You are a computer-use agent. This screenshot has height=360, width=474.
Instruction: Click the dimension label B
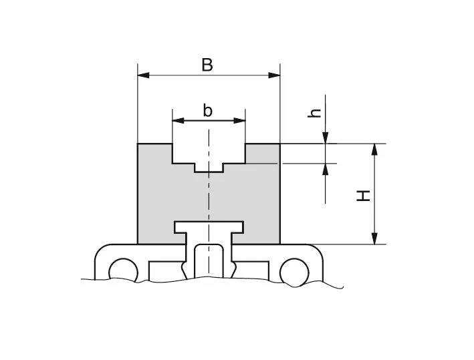coord(207,65)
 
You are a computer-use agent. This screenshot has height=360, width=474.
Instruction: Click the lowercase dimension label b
coord(208,110)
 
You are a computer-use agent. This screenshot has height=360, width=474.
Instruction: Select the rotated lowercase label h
coord(316,114)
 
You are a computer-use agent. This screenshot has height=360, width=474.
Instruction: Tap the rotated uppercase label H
coord(362,195)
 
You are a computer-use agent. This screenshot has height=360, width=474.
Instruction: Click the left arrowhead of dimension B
coord(142,75)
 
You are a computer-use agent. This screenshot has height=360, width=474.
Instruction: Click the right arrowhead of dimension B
coord(275,75)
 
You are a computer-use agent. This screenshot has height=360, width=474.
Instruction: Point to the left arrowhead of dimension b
coord(177,121)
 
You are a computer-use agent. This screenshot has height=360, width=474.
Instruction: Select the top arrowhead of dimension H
coord(375,149)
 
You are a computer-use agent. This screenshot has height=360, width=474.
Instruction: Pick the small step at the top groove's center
coord(209,167)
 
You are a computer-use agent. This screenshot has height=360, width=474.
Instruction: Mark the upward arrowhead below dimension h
coord(325,168)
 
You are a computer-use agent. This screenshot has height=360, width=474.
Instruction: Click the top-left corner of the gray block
coord(138,144)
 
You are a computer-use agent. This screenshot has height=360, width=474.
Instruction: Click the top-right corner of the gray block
coord(279,144)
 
